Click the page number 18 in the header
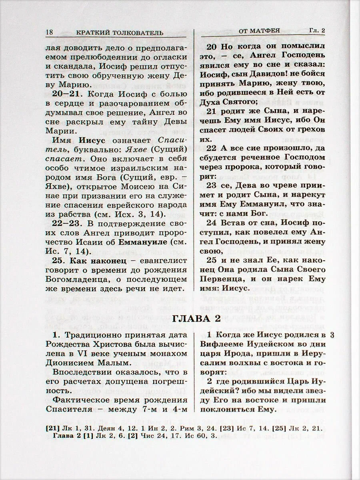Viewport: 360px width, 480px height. click(50, 32)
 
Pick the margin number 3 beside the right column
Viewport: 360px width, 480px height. click(334, 336)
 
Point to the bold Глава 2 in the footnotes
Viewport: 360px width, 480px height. click(67, 436)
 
